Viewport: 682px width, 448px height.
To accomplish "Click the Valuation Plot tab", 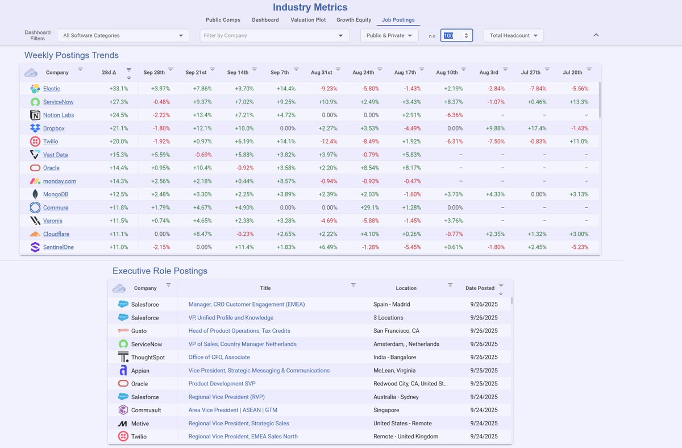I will pyautogui.click(x=307, y=20).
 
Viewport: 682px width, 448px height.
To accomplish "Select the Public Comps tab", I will pyautogui.click(x=223, y=20).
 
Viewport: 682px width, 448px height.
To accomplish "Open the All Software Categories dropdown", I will pyautogui.click(x=123, y=35).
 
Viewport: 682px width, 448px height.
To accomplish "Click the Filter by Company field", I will pyautogui.click(x=274, y=35).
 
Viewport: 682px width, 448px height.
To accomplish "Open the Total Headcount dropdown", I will pyautogui.click(x=513, y=35).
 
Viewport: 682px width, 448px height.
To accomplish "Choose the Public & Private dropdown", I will pyautogui.click(x=389, y=35).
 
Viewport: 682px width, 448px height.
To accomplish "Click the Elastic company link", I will pyautogui.click(x=52, y=89).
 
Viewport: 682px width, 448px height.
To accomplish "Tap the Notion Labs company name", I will pyautogui.click(x=59, y=115).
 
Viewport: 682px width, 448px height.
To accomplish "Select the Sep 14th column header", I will pyautogui.click(x=237, y=73).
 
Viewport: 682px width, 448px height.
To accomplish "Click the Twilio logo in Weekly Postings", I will pyautogui.click(x=35, y=142).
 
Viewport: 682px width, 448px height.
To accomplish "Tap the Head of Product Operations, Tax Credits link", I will pyautogui.click(x=239, y=331).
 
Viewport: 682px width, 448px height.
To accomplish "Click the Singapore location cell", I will pyautogui.click(x=386, y=410).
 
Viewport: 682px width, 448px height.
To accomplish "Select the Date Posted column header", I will pyautogui.click(x=480, y=288).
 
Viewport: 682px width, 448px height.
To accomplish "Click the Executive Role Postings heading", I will pyautogui.click(x=160, y=271).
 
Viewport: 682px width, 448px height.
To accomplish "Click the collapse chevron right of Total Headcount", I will pyautogui.click(x=596, y=35).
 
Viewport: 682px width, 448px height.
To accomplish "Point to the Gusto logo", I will pyautogui.click(x=123, y=331).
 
